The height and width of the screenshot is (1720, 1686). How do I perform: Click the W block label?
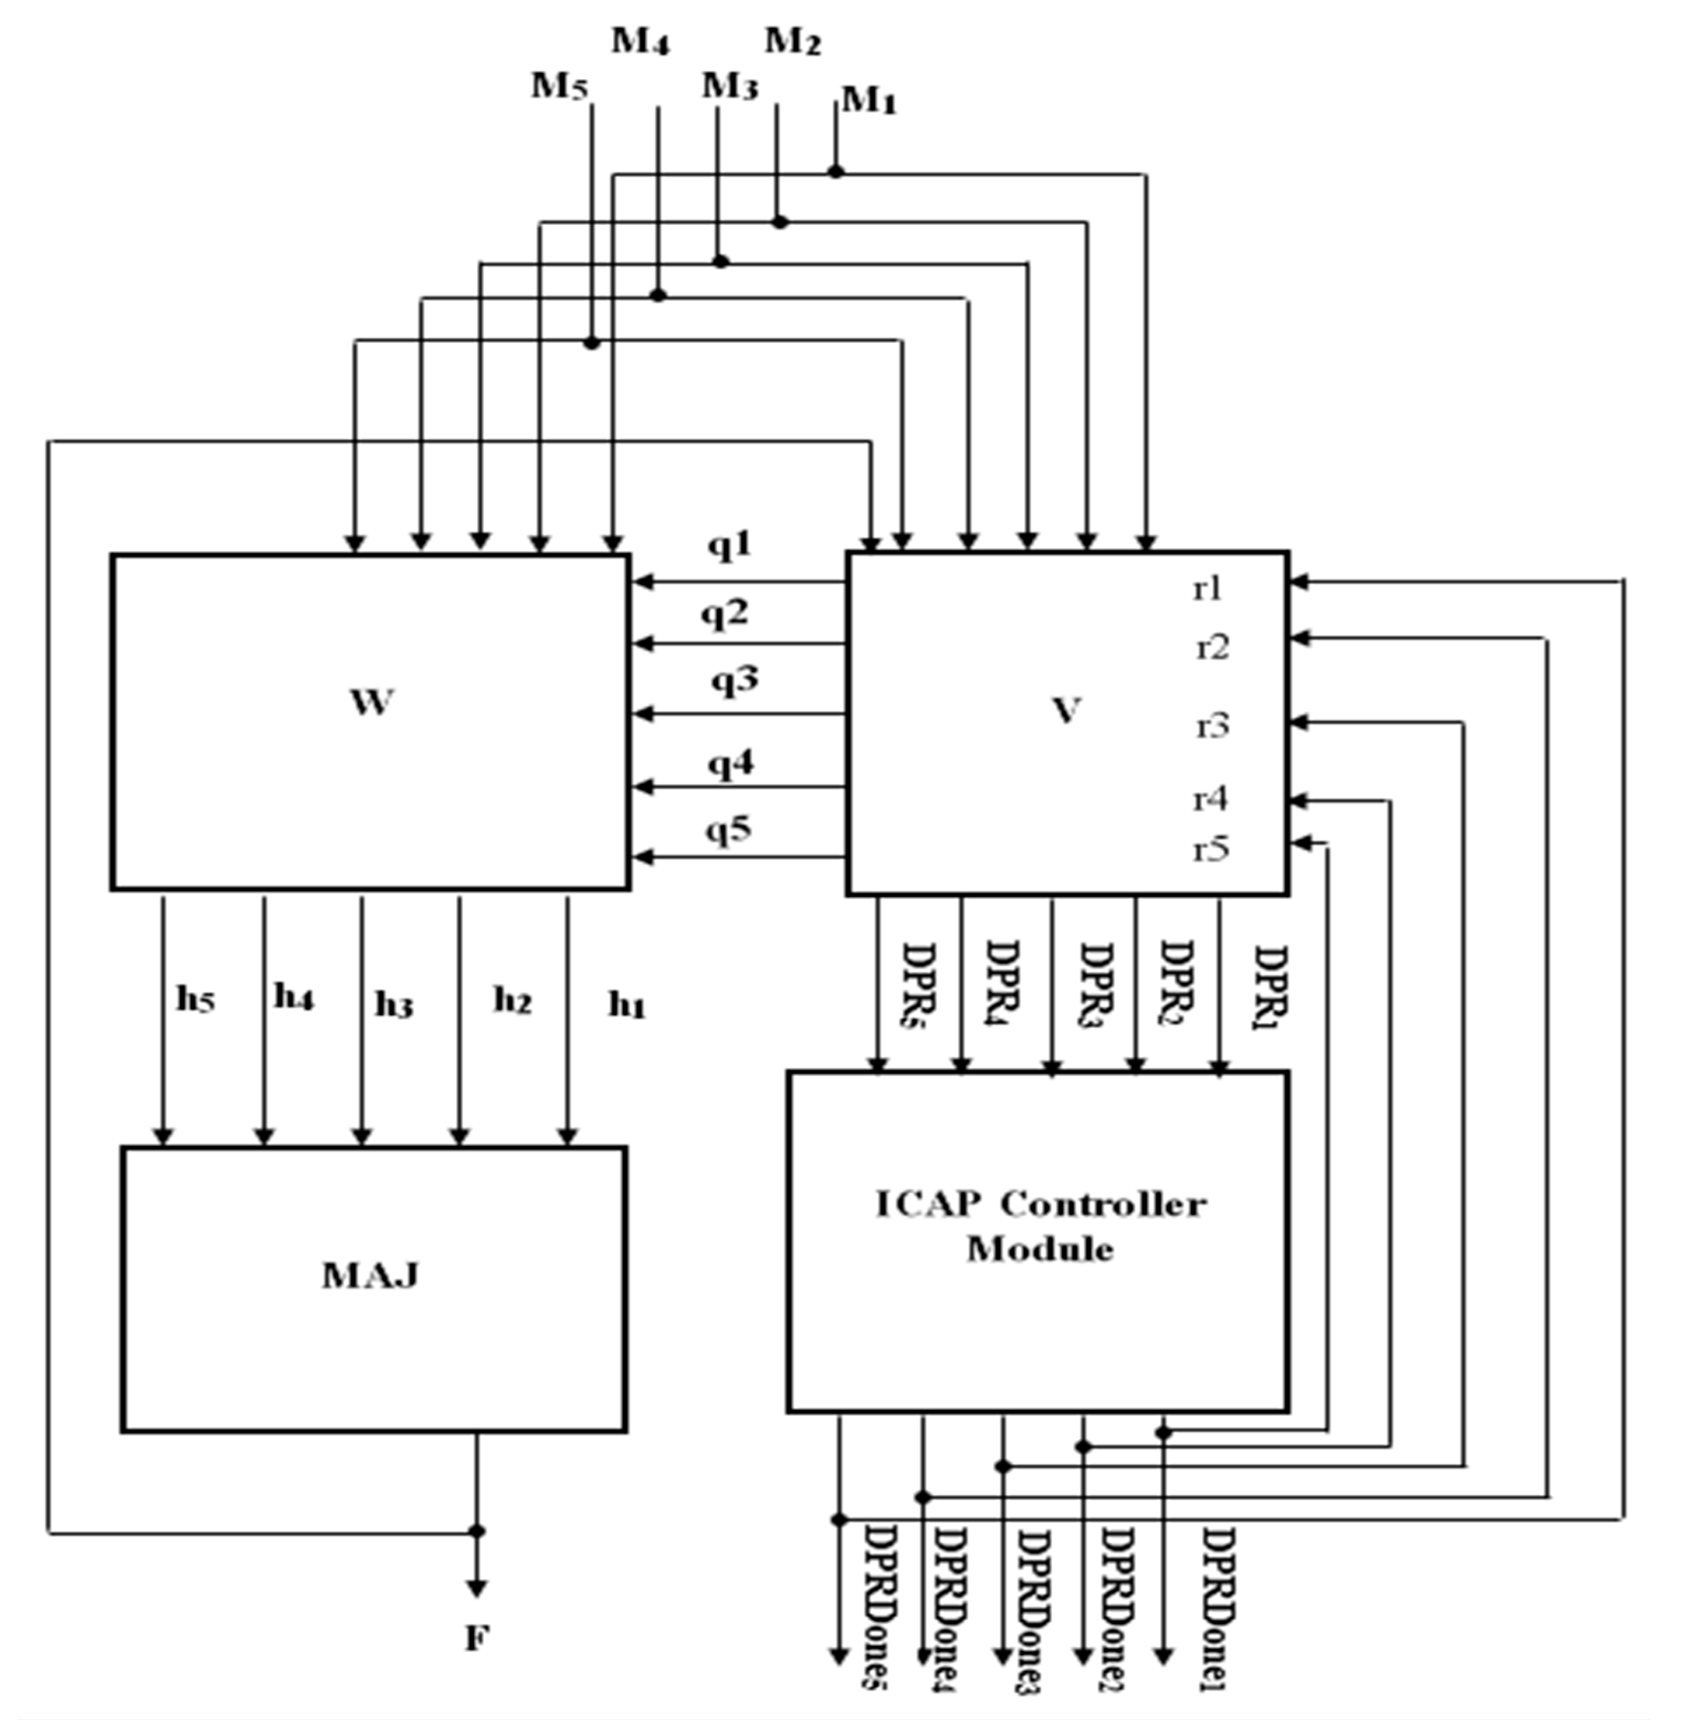[371, 701]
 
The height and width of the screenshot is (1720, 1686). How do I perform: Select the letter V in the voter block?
[1066, 709]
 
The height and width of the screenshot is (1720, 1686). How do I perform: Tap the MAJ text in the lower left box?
[370, 1276]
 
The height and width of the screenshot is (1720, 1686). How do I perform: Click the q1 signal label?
[729, 544]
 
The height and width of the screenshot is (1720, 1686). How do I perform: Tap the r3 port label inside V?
[1212, 726]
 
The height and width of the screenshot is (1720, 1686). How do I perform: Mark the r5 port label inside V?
[1211, 849]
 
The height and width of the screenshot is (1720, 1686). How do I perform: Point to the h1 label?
[627, 1006]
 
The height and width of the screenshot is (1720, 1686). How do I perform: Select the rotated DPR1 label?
[1270, 980]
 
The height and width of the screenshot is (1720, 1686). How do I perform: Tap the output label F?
[476, 1638]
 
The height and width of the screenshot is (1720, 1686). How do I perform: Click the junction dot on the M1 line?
[836, 171]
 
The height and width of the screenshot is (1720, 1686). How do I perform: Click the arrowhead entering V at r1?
[1299, 582]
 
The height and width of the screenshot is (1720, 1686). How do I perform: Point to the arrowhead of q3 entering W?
[643, 713]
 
